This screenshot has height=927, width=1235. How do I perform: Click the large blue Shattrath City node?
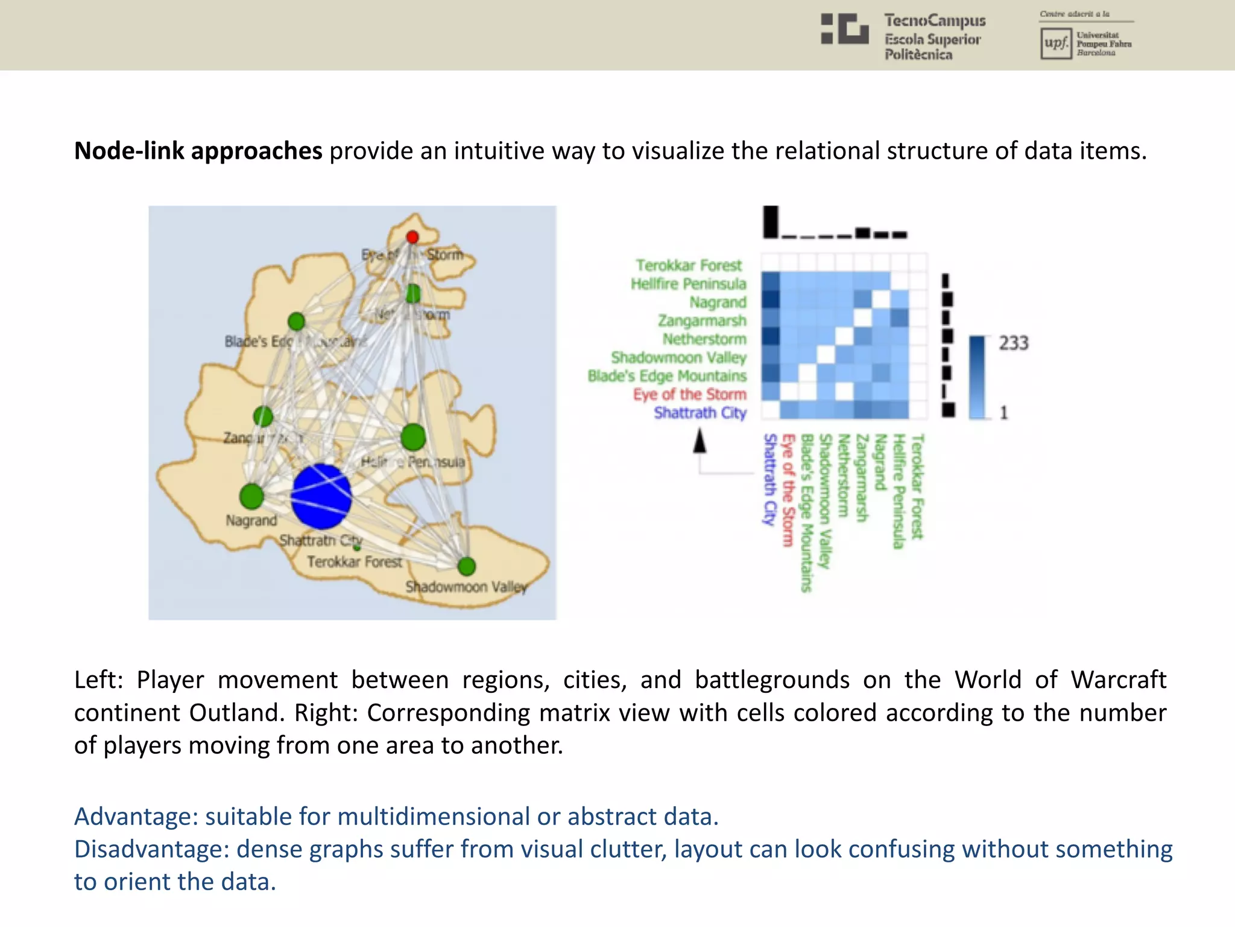click(321, 496)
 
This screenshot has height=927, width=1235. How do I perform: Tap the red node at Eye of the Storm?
click(412, 237)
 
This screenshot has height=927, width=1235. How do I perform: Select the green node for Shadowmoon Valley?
click(466, 566)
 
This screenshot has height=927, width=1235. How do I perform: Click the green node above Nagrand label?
click(251, 496)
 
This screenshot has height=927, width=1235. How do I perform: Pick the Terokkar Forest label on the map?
click(355, 562)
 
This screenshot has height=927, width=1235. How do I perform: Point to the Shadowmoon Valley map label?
click(466, 587)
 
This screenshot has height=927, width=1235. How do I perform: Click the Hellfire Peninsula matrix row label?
click(688, 284)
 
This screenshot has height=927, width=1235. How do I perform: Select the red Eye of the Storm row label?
click(689, 394)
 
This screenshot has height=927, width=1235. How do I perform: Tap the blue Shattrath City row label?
click(700, 413)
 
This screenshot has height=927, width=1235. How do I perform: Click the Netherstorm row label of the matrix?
click(704, 339)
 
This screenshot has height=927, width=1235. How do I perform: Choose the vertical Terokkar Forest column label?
click(917, 486)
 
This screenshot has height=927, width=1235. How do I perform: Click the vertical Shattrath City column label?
click(769, 479)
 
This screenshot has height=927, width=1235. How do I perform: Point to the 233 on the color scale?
click(1013, 343)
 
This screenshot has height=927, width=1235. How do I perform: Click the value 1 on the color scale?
click(1004, 413)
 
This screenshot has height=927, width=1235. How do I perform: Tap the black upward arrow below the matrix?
click(700, 441)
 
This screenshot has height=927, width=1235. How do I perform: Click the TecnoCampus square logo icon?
click(844, 29)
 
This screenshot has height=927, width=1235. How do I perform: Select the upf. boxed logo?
click(1056, 43)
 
